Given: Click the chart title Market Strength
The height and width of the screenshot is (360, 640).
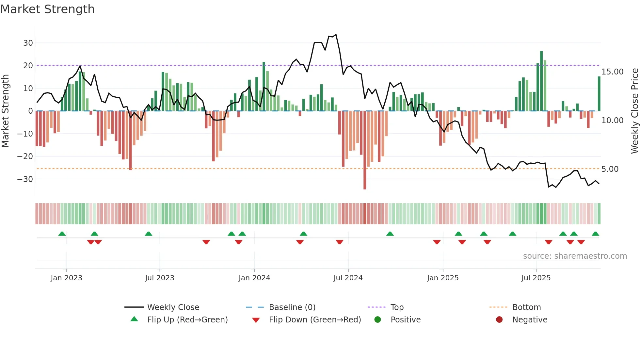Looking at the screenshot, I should pyautogui.click(x=47, y=9).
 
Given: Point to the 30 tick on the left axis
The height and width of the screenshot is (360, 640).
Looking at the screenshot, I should pyautogui.click(x=28, y=43).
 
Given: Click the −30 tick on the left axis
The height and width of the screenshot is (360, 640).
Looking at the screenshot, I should pyautogui.click(x=25, y=179).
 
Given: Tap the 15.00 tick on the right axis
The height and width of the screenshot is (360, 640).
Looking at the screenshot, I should pyautogui.click(x=612, y=72).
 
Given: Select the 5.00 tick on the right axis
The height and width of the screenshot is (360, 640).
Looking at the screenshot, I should pyautogui.click(x=610, y=169).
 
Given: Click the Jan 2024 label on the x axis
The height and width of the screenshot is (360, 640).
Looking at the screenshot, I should pyautogui.click(x=254, y=278).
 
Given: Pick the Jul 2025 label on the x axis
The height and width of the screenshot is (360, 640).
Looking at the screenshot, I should pyautogui.click(x=536, y=278).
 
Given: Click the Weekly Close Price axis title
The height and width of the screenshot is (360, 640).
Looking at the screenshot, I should pyautogui.click(x=634, y=111).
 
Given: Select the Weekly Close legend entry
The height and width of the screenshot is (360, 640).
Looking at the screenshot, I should pyautogui.click(x=173, y=307).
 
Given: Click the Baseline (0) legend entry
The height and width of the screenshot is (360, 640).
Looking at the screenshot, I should pyautogui.click(x=292, y=307).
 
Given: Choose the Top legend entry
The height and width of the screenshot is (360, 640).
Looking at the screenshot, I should pyautogui.click(x=397, y=307).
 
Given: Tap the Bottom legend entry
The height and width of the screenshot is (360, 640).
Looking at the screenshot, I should pyautogui.click(x=526, y=307).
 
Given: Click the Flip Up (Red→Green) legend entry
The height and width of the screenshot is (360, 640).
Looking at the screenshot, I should pyautogui.click(x=187, y=319).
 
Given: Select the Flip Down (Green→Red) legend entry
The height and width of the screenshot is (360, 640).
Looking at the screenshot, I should pyautogui.click(x=315, y=319).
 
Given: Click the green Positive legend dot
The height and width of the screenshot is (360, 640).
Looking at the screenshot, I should pyautogui.click(x=378, y=319).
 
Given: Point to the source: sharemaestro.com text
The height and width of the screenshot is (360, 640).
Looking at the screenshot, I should pyautogui.click(x=575, y=256).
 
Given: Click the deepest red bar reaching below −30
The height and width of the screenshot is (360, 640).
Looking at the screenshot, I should pyautogui.click(x=365, y=150).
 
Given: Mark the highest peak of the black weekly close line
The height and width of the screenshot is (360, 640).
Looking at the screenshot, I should pyautogui.click(x=336, y=35).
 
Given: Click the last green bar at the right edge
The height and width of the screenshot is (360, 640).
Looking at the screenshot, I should pyautogui.click(x=599, y=94).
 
